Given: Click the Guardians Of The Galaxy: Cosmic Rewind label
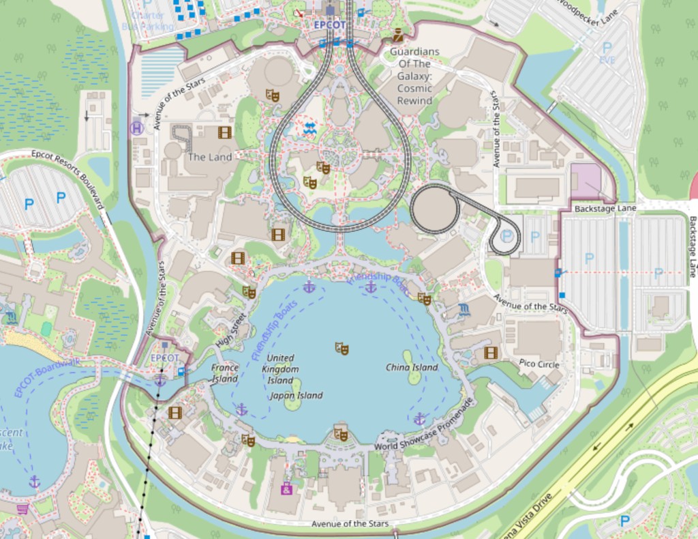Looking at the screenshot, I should [x=414, y=76].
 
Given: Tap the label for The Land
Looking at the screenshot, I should [x=210, y=156].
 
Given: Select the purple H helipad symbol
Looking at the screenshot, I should [x=136, y=128].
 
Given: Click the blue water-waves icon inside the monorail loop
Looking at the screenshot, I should [x=310, y=128].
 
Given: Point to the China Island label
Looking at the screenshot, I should [x=412, y=367].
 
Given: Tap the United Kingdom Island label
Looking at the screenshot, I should [x=280, y=368].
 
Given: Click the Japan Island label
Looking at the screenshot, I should [x=296, y=395].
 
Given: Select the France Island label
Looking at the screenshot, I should [x=224, y=373].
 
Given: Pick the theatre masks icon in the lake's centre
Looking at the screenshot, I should [x=342, y=349].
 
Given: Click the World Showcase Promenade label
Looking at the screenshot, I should [x=424, y=424].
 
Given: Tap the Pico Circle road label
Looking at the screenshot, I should [x=538, y=364].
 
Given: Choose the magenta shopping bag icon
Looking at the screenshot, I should [x=287, y=489].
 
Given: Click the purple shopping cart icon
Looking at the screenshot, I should [x=22, y=509].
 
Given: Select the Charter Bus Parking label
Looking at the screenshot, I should [x=148, y=20].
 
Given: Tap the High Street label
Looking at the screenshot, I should [x=230, y=329].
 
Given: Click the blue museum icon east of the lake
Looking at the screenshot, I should [x=464, y=309].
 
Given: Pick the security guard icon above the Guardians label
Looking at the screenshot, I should [x=397, y=36].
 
